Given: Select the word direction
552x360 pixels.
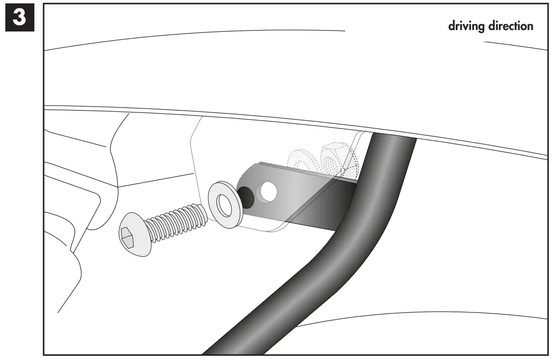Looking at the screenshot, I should pos(510,26).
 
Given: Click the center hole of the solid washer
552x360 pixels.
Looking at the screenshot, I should pos(225,205).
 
